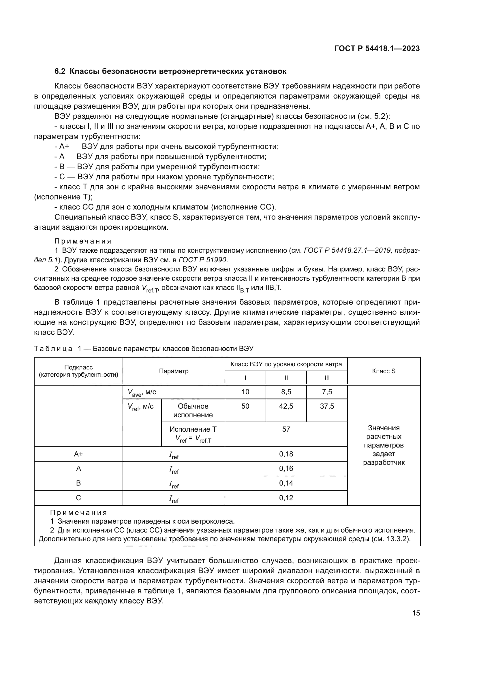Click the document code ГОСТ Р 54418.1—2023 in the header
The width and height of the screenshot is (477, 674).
(x=377, y=49)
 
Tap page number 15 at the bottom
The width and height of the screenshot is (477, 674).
(x=416, y=613)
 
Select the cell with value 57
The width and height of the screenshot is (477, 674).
(x=286, y=429)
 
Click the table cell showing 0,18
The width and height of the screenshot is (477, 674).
(x=286, y=454)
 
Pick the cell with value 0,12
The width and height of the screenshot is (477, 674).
(x=286, y=498)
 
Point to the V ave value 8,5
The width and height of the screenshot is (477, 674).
(x=286, y=392)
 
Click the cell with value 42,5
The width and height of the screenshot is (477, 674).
(x=286, y=406)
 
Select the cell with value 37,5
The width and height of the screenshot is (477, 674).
(x=327, y=406)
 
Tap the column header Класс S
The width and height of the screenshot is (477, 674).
(x=384, y=371)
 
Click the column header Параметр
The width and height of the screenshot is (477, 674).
(x=174, y=371)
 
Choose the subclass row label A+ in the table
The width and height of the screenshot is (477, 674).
(x=78, y=454)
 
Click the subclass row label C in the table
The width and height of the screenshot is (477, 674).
(x=78, y=498)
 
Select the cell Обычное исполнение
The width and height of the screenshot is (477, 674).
(x=193, y=410)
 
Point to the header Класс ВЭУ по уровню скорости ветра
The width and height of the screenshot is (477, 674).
(x=286, y=364)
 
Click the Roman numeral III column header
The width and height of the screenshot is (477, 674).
(x=327, y=378)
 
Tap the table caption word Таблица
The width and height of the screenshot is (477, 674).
(x=53, y=348)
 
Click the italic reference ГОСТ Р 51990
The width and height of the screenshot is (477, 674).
(x=203, y=260)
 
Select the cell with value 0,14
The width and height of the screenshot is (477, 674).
(x=286, y=483)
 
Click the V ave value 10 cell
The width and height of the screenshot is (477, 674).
(x=245, y=392)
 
